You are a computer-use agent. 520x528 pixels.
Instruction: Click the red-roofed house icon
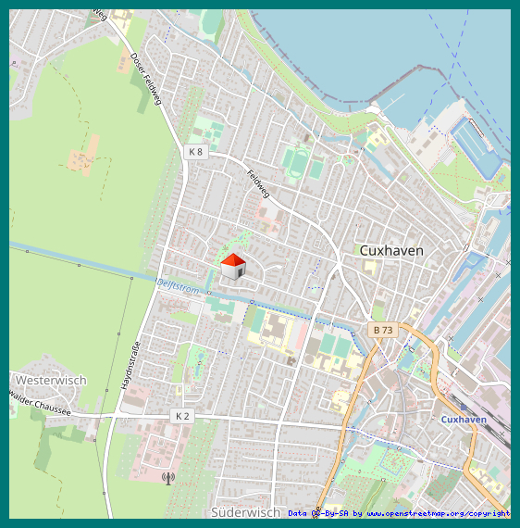click(x=233, y=267)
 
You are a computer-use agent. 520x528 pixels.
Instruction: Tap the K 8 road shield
click(x=195, y=152)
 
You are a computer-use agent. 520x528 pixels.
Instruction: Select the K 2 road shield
click(x=182, y=417)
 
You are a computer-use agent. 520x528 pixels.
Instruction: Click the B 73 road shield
click(x=383, y=331)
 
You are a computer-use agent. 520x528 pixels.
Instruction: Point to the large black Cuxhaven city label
click(x=390, y=251)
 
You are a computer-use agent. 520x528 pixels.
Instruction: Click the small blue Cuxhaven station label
click(x=464, y=420)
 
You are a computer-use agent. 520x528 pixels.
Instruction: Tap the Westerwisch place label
click(x=51, y=381)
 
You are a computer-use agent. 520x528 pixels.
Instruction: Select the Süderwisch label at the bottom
click(x=245, y=512)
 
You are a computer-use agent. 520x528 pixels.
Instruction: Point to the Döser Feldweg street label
click(x=146, y=79)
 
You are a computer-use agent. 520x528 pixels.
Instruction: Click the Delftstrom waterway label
click(x=177, y=287)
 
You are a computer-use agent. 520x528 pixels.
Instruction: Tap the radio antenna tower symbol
click(x=167, y=478)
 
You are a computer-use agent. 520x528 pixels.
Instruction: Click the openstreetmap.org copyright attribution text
click(x=398, y=513)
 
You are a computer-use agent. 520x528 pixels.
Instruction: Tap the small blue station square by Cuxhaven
click(x=462, y=405)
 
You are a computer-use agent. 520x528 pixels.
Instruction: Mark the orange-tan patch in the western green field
click(x=83, y=157)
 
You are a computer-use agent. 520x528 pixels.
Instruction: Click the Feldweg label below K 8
click(x=258, y=183)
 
